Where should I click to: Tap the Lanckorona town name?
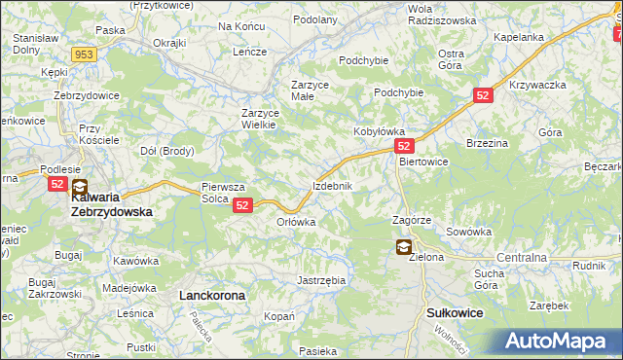tap(211, 293)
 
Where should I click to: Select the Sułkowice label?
tap(456, 312)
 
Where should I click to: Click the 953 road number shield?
tap(84, 55)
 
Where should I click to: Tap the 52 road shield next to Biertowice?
tap(406, 144)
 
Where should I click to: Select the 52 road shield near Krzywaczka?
tap(485, 95)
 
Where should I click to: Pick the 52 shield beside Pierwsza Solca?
tap(243, 205)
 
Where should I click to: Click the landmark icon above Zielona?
tap(403, 247)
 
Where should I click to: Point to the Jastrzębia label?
tap(321, 280)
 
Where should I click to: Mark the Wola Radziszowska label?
tap(442, 14)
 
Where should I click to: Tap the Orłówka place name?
tap(297, 222)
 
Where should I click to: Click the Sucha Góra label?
tap(489, 279)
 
